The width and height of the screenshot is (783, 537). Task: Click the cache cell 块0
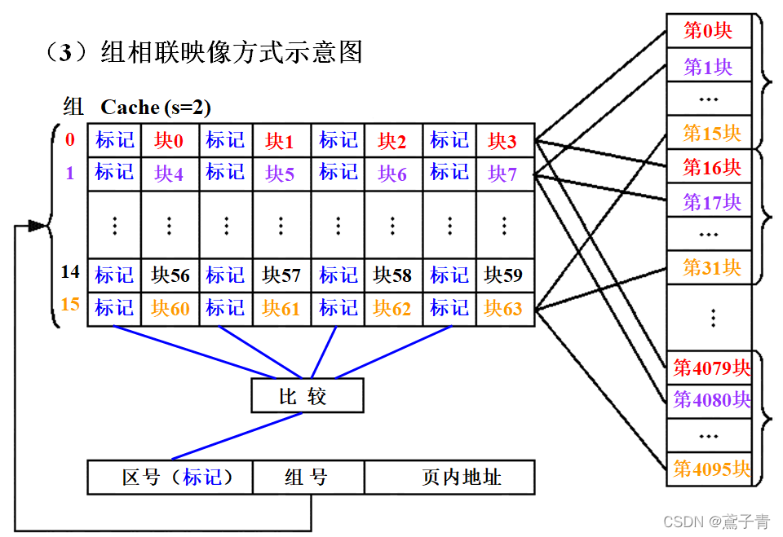pos(169,140)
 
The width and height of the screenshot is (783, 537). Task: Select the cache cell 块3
pos(502,140)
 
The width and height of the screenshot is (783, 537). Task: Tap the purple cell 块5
pos(280,173)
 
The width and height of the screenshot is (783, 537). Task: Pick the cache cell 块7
pos(502,173)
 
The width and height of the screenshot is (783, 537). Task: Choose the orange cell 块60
pos(170,308)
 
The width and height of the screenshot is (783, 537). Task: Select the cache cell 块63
pos(502,308)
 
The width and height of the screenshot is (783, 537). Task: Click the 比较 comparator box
pos(307,397)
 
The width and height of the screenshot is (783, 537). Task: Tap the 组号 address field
pos(307,477)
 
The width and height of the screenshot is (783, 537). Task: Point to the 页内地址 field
pos(449,477)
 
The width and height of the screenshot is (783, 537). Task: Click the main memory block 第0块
pos(708,31)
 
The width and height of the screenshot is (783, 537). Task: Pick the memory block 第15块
pos(708,132)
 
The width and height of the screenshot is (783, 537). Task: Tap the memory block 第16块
pos(708,168)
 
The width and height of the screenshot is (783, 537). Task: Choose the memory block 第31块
pos(708,266)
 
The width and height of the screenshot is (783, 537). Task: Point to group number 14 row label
pos(70,272)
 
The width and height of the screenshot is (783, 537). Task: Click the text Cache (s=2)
pos(155,107)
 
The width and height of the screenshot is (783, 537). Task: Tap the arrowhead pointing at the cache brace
pos(35,225)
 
